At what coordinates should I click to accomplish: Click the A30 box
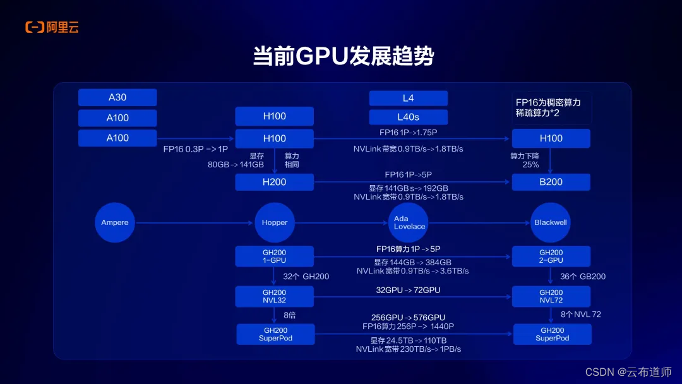pos(117,97)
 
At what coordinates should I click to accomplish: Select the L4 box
pos(408,98)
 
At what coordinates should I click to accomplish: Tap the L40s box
pos(408,117)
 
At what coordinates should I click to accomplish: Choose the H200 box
pos(274,182)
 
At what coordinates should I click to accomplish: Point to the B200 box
pos(551,182)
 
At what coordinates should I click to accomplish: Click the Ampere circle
pos(115,222)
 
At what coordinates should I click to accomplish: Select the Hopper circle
pos(275,222)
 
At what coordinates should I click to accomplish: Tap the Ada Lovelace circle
pos(409,222)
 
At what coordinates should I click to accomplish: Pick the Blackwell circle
pos(551,222)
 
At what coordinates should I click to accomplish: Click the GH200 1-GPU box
pos(274,256)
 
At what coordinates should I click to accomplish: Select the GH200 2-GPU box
pos(551,256)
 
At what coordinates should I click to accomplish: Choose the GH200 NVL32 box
pos(274,296)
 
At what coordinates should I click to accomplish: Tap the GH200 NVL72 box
pos(551,296)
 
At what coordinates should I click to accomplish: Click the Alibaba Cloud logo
pos(52,27)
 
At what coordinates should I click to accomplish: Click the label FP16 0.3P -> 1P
pos(195,148)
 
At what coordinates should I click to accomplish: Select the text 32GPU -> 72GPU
pos(408,290)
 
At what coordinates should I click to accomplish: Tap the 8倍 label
pos(289,315)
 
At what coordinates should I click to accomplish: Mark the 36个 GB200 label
pos(583,277)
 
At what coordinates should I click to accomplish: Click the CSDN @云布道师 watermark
pos(628,372)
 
